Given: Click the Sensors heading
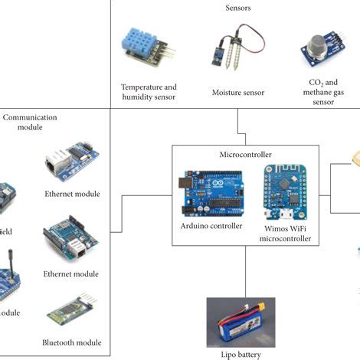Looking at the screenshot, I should [x=237, y=8].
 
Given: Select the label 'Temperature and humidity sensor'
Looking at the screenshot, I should [x=149, y=92].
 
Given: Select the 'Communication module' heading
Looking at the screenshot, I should [x=31, y=123].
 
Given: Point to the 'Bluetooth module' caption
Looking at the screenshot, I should [x=72, y=342].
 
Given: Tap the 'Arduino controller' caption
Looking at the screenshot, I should [x=211, y=226].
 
